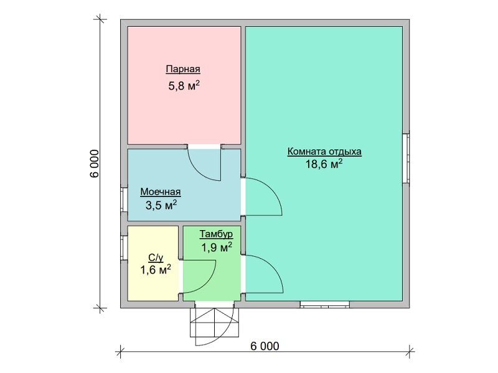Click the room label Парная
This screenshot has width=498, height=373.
coord(183,69)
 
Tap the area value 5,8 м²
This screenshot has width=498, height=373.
coord(184,85)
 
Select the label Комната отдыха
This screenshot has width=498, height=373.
coord(324,152)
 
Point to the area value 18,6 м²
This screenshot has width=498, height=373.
coord(324,164)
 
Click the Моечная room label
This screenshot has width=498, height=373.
coord(161,192)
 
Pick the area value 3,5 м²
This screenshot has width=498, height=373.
coord(161,205)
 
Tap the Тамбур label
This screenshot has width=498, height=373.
coord(216,234)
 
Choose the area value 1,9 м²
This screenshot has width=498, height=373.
coord(216,247)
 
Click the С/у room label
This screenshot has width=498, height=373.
coord(156,258)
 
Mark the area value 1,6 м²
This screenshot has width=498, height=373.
coord(156,270)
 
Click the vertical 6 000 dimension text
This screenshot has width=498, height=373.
coord(95,163)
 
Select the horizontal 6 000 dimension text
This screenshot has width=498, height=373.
coord(265,346)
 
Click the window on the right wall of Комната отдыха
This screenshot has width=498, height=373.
coord(406,159)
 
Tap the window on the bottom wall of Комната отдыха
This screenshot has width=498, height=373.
coord(325,305)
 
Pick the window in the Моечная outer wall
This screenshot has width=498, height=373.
coord(124,200)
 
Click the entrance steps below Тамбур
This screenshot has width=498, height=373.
coord(214,322)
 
